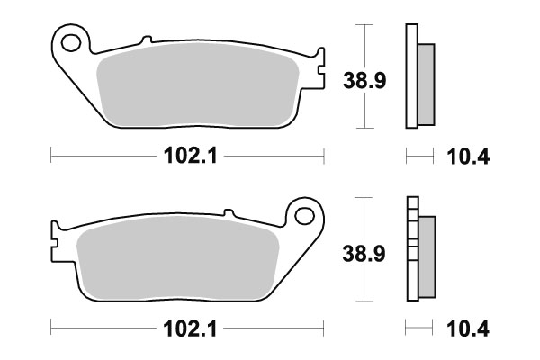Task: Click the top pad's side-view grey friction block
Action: coord(427,81)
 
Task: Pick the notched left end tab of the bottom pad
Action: coord(56,241)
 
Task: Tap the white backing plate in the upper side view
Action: coord(412,76)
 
